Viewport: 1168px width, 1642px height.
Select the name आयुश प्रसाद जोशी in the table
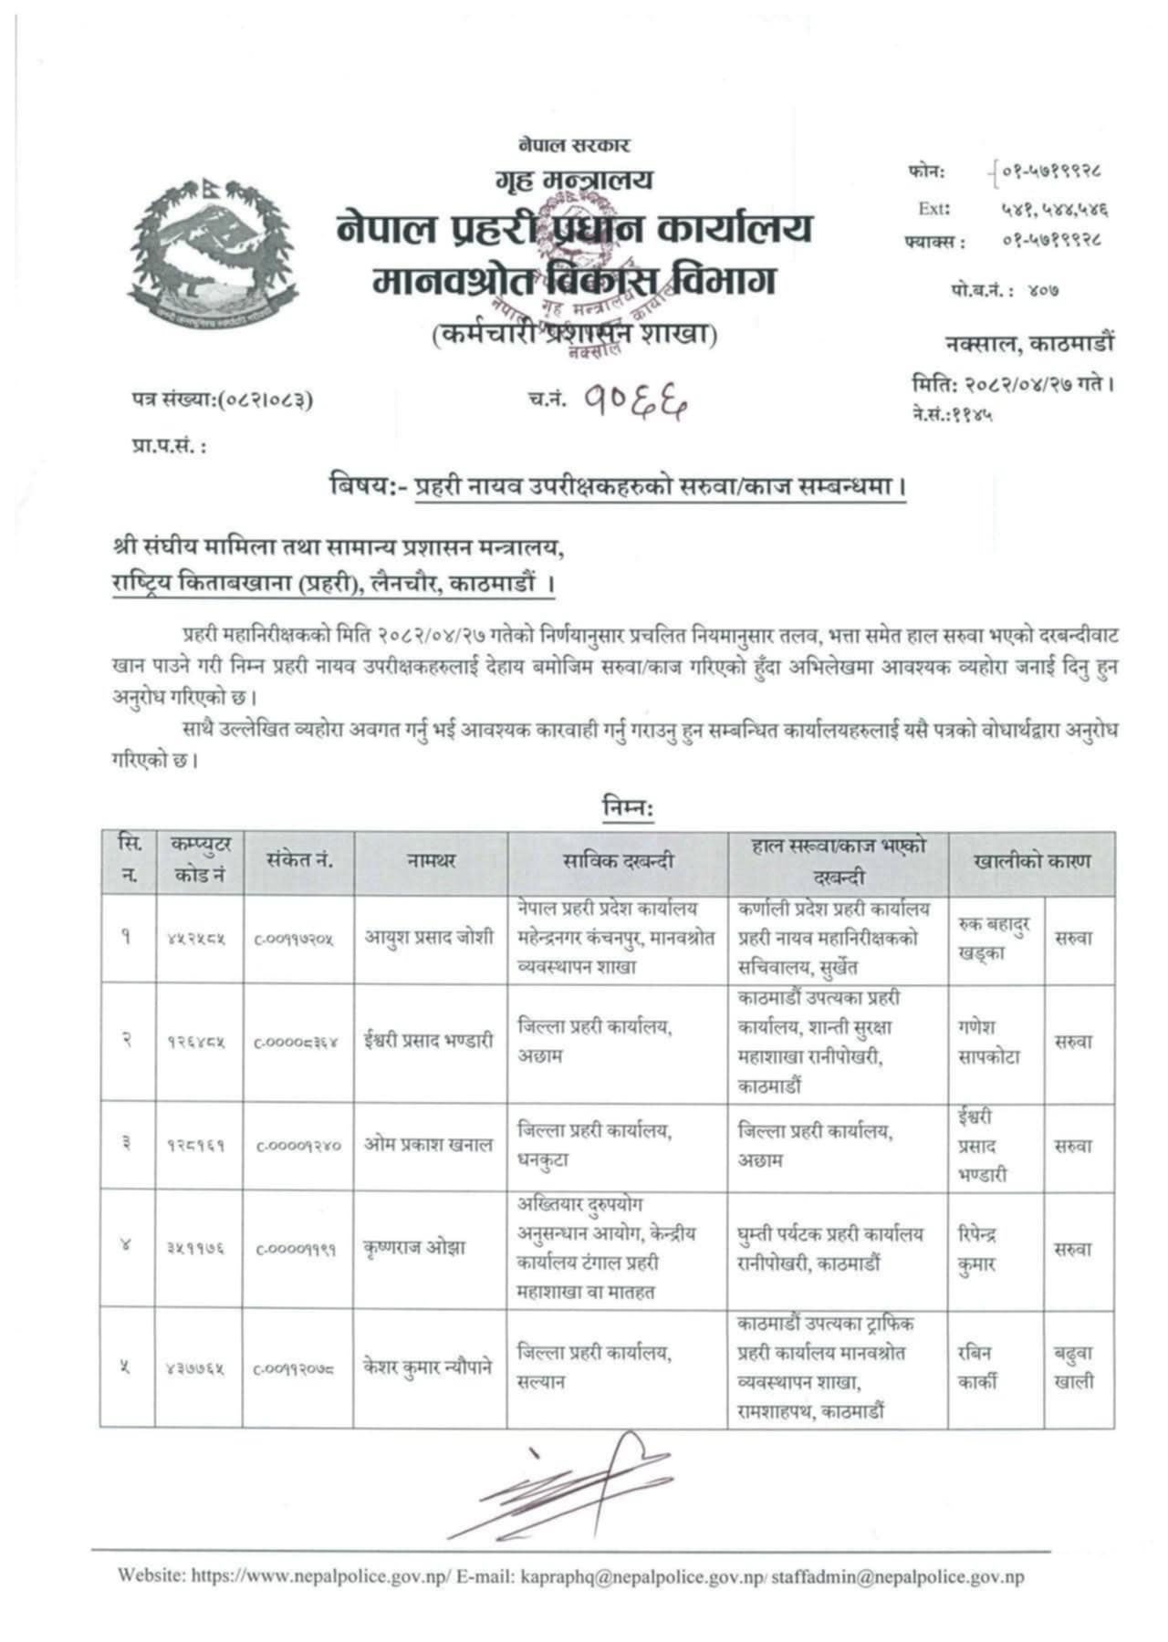coord(430,937)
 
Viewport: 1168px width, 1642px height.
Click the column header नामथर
coord(430,861)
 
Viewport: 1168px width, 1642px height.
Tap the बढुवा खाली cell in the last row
coord(1074,1367)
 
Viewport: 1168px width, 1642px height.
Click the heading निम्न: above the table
coord(628,808)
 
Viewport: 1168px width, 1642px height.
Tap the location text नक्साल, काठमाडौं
coord(1028,344)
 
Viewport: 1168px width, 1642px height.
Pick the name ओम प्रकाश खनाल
coord(429,1145)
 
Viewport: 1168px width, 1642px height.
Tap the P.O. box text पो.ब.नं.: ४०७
coord(1005,291)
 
